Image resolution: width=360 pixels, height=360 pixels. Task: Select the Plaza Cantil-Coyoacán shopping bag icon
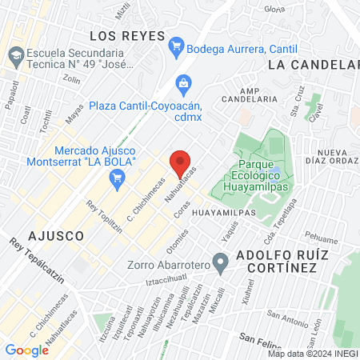pos(184,82)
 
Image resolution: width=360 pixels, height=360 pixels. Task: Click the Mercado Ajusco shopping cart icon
pos(118,178)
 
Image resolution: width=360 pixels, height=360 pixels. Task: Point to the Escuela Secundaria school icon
pos(14,55)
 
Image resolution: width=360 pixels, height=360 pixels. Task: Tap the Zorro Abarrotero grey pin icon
pos(222,266)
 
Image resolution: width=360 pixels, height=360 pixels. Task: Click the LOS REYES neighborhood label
pos(127,36)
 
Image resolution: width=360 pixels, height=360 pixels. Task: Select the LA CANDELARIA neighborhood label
pos(314,64)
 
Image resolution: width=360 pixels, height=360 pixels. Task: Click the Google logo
pos(26,350)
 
